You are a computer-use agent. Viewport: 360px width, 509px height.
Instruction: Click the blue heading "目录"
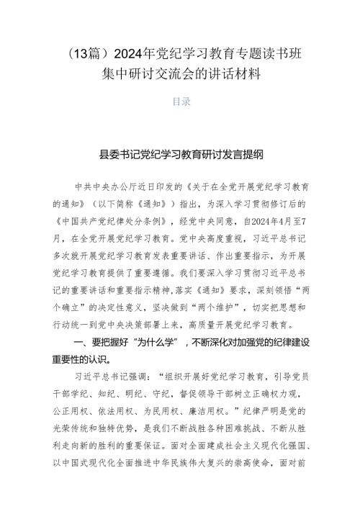[x=180, y=102]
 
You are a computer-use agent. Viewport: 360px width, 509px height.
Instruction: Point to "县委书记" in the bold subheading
[x=122, y=153]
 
